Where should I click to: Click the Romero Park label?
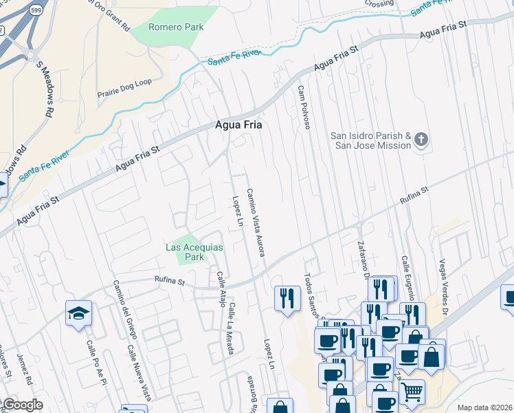pos(177,27)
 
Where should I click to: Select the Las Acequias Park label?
pos(186,252)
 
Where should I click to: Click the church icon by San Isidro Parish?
pos(421,140)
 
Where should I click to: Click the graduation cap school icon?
pos(79,313)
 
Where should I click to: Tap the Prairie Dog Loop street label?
pos(124,83)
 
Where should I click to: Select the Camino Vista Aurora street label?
pos(256,222)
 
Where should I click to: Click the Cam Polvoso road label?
pos(304,107)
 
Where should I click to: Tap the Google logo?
pos(23,405)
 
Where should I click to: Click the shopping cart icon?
pos(412,391)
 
